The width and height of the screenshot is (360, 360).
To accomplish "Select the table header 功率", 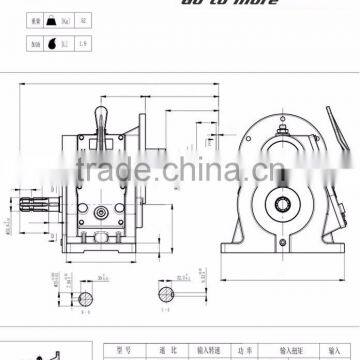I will pyautogui.click(x=243, y=351).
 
